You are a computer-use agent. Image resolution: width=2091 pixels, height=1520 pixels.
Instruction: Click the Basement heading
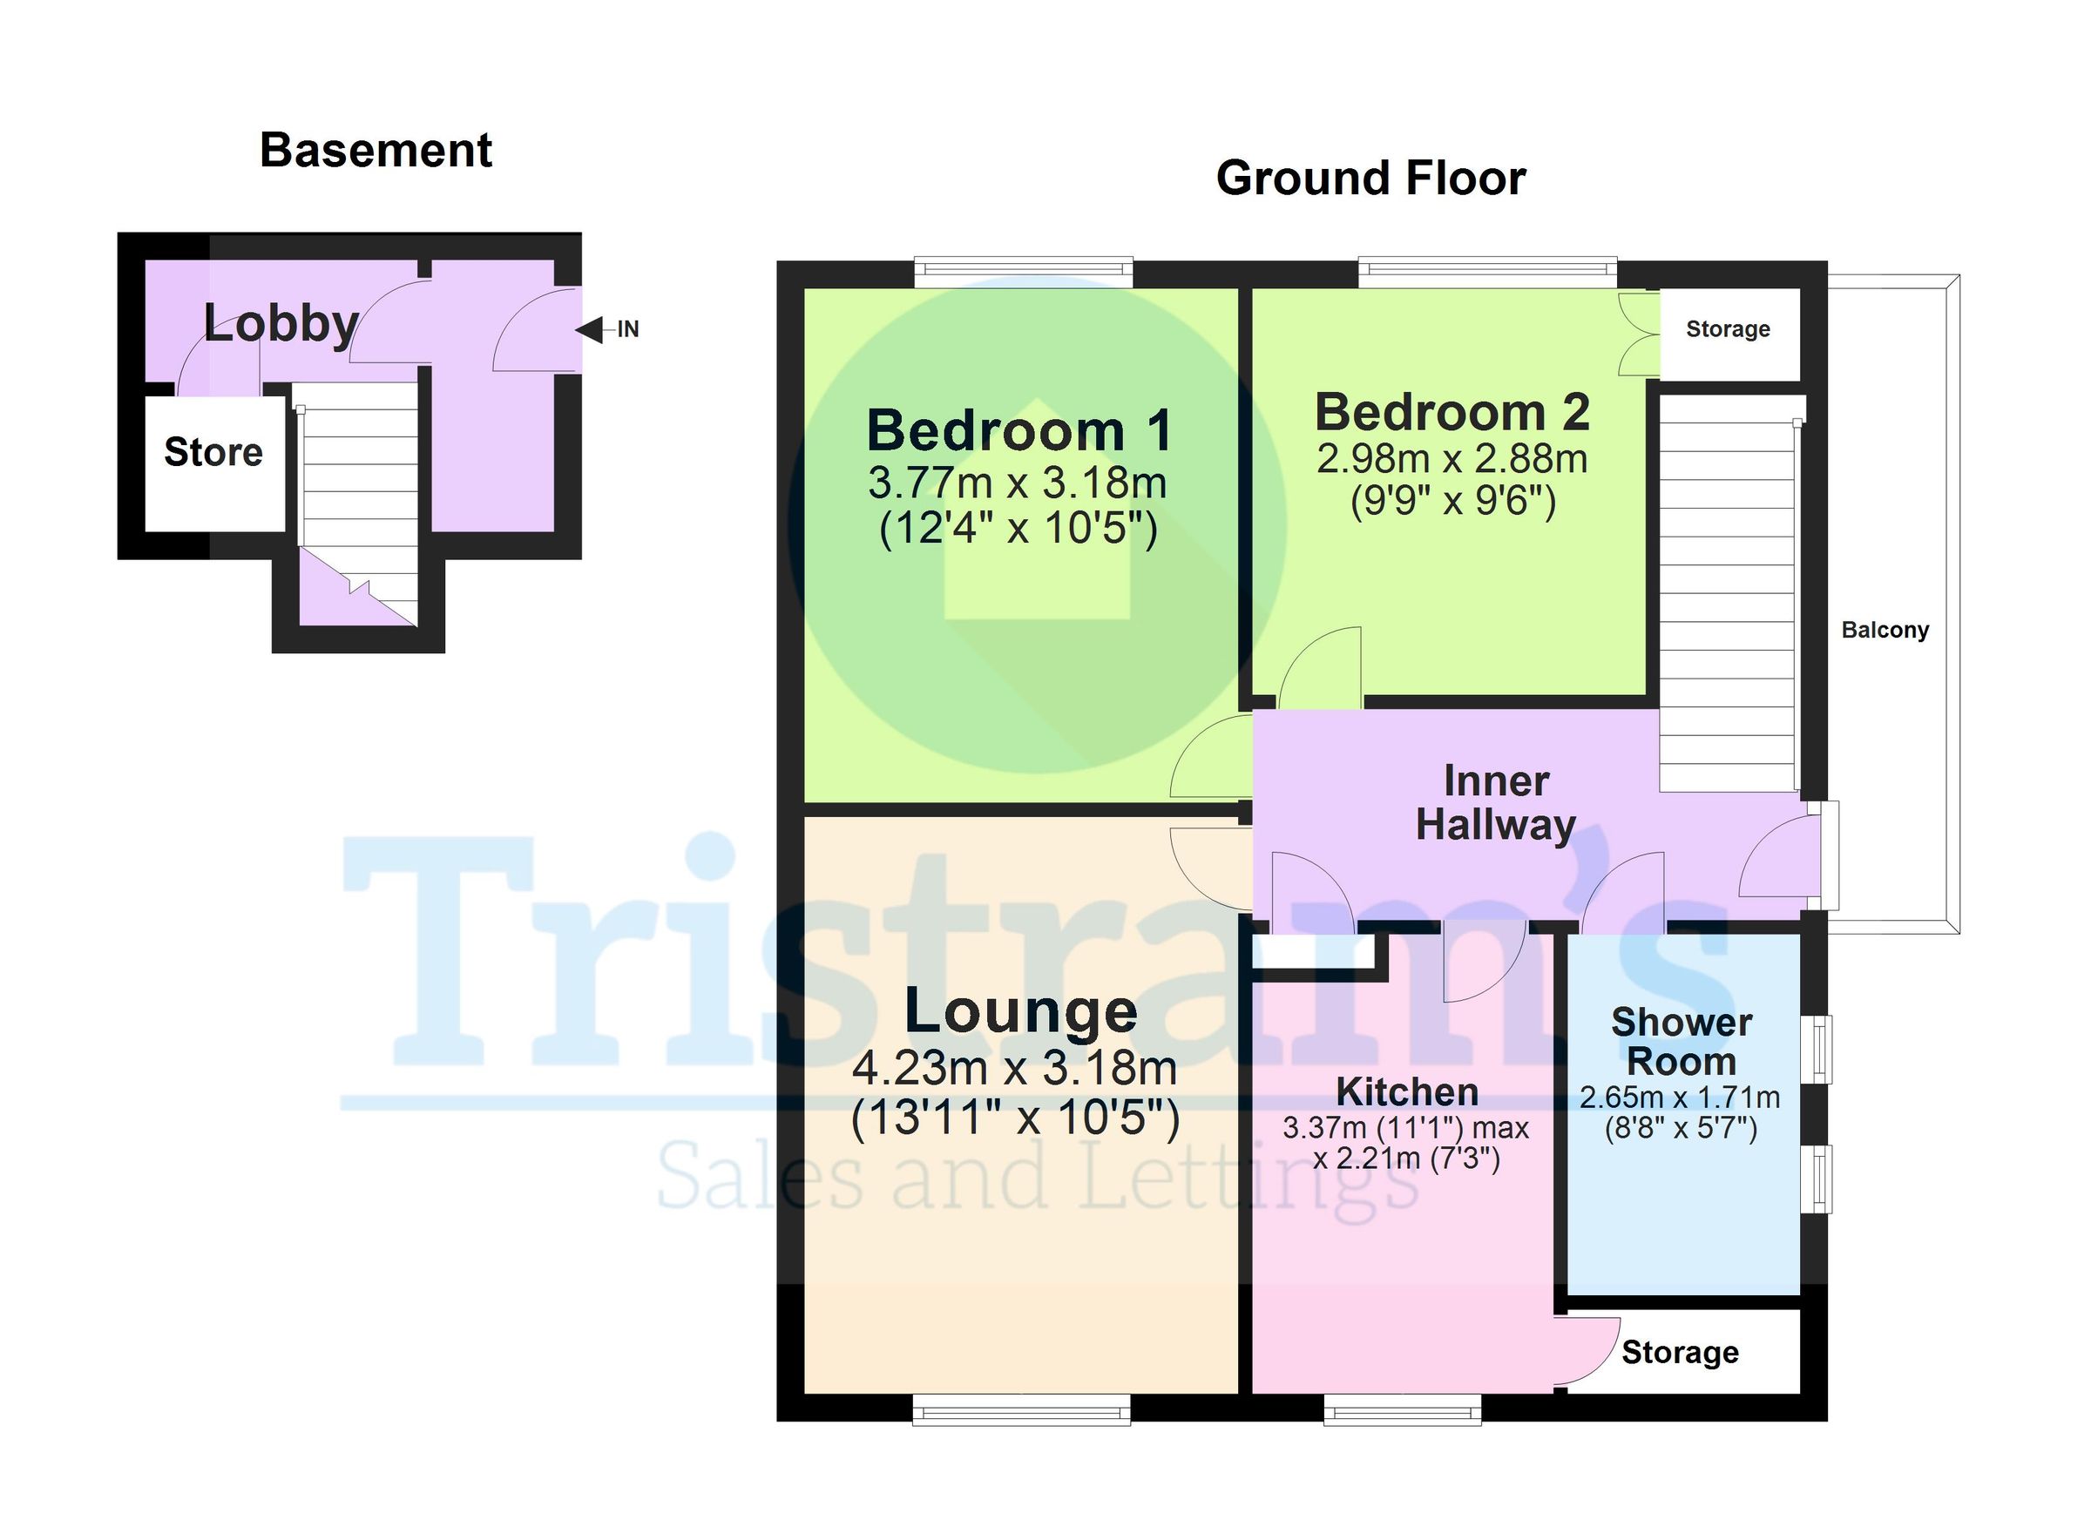point(376,150)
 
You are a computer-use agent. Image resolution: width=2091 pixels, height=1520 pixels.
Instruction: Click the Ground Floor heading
point(1371,178)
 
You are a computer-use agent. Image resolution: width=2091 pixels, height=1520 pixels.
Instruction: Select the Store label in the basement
point(213,452)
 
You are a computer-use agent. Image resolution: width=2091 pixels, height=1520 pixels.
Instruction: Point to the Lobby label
point(281,323)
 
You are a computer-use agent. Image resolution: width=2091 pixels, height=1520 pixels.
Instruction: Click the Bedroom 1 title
point(1019,430)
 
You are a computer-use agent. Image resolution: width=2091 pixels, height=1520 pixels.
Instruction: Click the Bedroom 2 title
point(1453,412)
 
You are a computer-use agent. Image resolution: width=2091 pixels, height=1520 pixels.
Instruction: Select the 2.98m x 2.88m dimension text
point(1452,458)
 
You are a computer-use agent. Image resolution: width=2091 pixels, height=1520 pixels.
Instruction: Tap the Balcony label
point(1885,630)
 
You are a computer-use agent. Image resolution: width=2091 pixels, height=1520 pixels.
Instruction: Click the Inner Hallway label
point(1495,803)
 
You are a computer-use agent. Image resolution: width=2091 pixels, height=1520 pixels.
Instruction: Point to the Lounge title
point(1020,1011)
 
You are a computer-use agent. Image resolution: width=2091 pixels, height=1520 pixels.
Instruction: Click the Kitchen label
point(1407,1091)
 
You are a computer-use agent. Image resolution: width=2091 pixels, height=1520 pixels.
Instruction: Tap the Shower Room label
point(1682,1042)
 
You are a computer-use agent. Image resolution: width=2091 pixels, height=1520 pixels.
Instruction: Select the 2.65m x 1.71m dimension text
point(1680,1097)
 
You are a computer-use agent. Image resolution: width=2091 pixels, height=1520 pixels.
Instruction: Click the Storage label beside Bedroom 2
point(1728,329)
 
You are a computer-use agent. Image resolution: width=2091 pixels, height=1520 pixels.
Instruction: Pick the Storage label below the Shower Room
point(1680,1352)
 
